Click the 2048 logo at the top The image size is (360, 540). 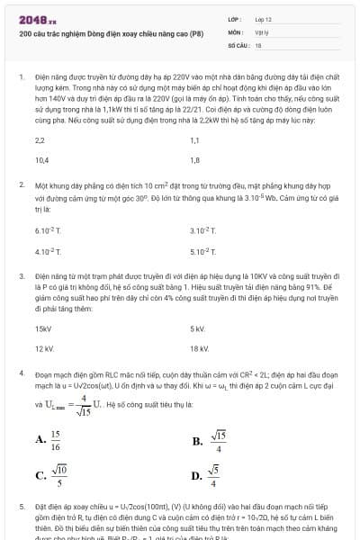37,18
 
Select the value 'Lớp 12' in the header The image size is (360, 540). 264,18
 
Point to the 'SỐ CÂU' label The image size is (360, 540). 238,43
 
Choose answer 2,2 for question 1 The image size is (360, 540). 40,140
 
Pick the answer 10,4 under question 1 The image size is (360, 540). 41,160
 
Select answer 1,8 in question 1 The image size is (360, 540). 195,160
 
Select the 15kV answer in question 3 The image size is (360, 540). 42,328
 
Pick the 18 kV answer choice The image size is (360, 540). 199,348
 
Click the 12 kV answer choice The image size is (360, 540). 44,348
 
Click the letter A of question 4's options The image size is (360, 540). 40,440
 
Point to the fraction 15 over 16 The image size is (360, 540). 56,440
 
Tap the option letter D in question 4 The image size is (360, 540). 196,476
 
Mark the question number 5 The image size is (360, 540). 21,508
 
